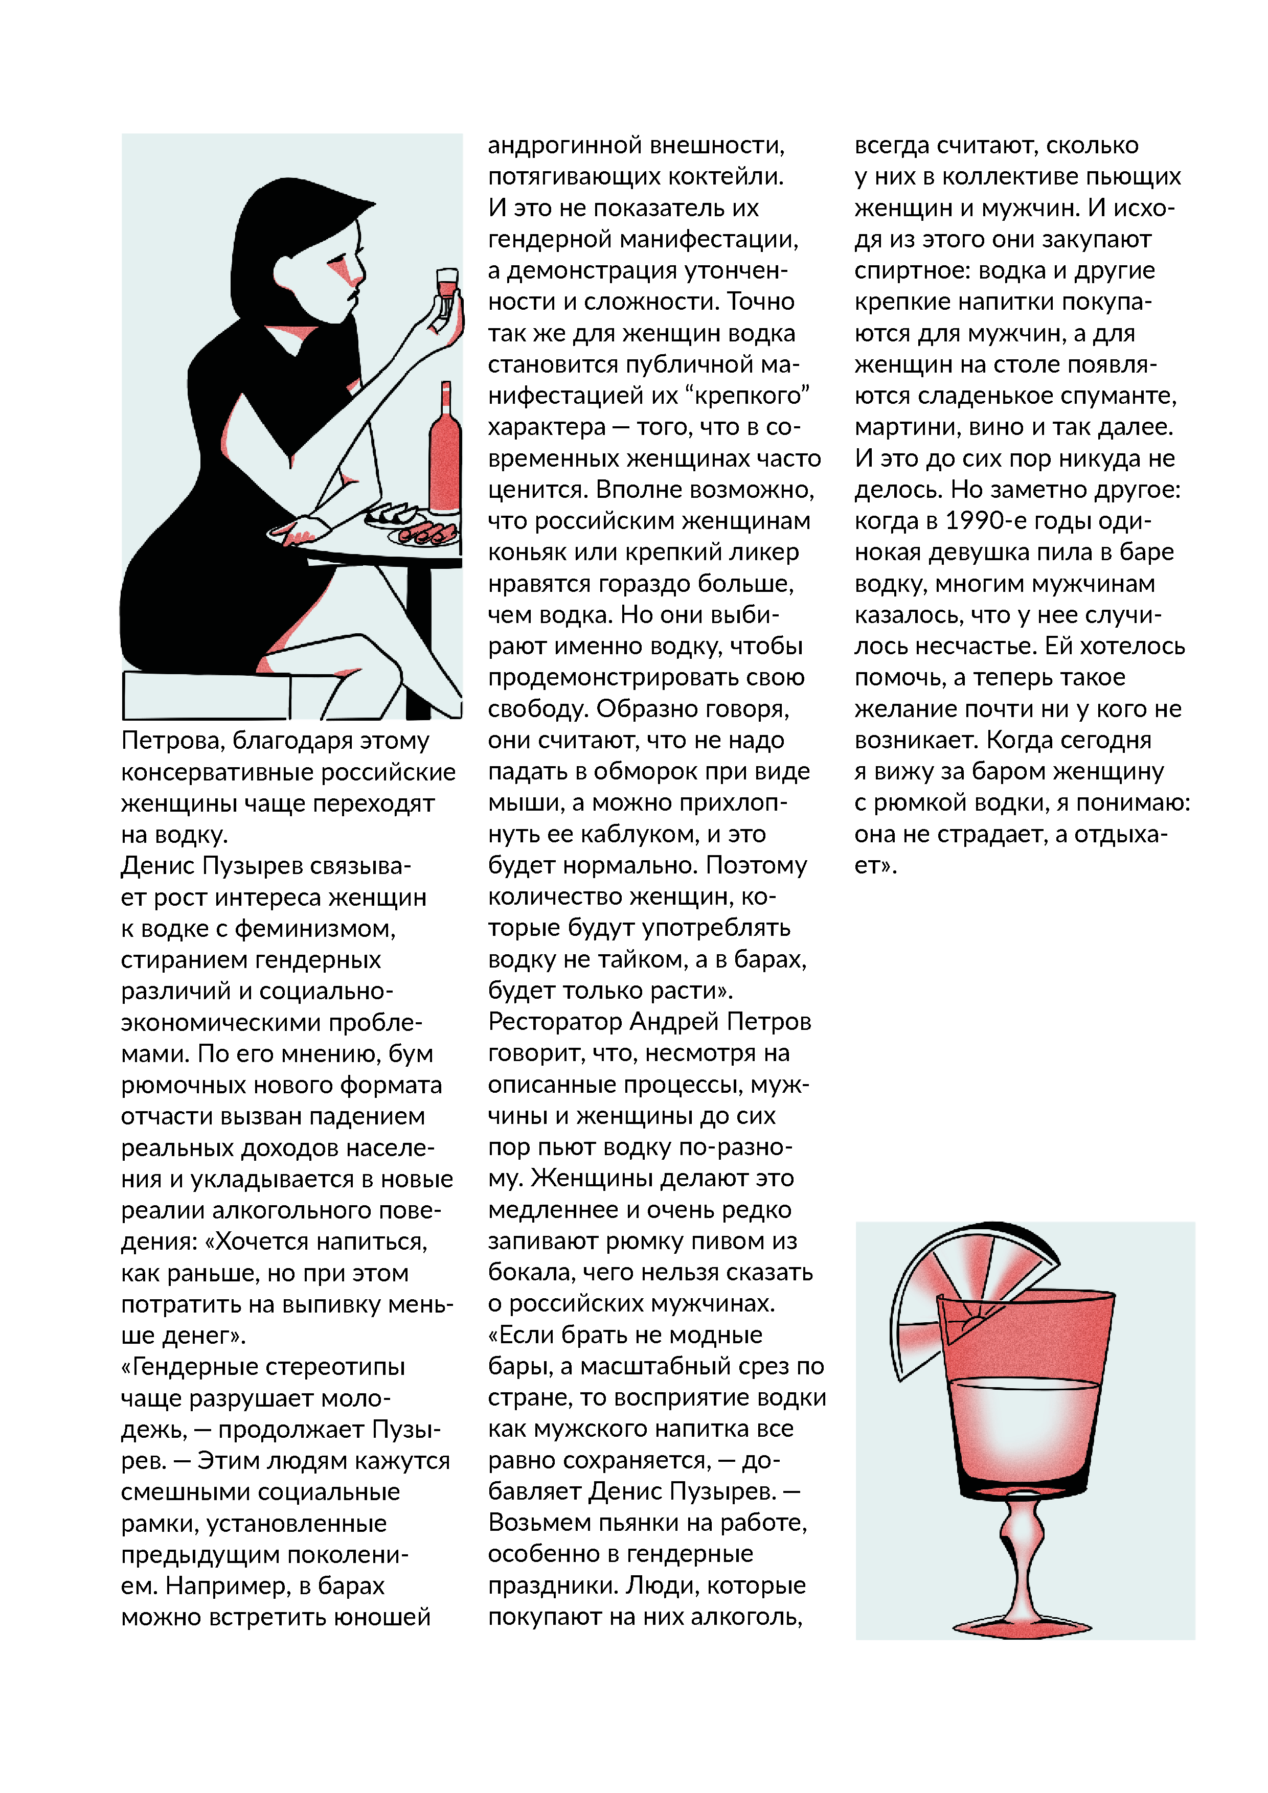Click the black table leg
pos(419,640)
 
